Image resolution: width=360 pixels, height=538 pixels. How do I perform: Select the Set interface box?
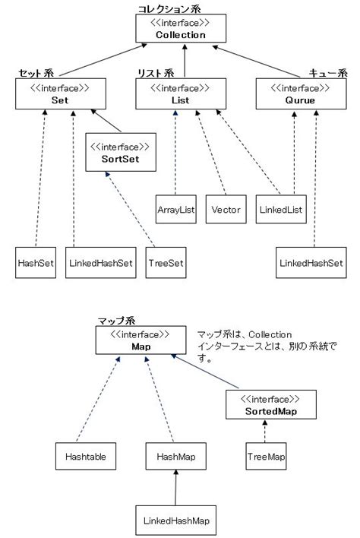pos(54,94)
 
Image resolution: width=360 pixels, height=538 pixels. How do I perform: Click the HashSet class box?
pos(36,262)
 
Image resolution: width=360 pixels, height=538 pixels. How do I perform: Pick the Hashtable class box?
pos(85,457)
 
